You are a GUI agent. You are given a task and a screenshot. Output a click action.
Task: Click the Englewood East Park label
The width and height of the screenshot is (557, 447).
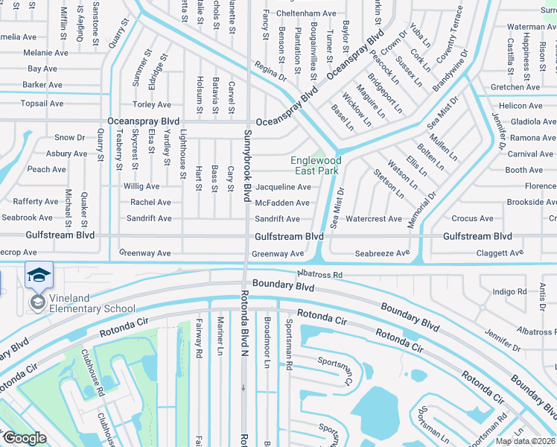[x=316, y=165]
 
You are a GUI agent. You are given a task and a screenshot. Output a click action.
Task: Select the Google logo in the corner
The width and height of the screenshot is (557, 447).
[x=25, y=438]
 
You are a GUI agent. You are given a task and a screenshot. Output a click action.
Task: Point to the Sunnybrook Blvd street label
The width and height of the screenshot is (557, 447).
[x=247, y=165]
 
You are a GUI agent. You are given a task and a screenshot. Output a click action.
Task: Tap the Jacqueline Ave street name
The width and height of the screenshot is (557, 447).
[x=283, y=187]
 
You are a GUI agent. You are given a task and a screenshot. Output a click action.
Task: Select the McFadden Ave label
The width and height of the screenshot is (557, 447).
[x=282, y=203]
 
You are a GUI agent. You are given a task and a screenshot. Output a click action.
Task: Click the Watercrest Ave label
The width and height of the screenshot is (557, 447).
[x=374, y=219]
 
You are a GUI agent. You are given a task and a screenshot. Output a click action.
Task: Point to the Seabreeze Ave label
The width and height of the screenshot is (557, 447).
[x=382, y=253]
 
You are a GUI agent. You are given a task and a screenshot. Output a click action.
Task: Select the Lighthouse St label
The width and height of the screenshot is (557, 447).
[x=183, y=153]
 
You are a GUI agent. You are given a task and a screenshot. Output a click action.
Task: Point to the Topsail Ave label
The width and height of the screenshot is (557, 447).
[x=43, y=104]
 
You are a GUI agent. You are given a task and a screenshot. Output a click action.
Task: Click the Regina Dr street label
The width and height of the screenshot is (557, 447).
[x=270, y=72]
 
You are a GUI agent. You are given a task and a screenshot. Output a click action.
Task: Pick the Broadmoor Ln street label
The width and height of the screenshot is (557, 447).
[x=267, y=344]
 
